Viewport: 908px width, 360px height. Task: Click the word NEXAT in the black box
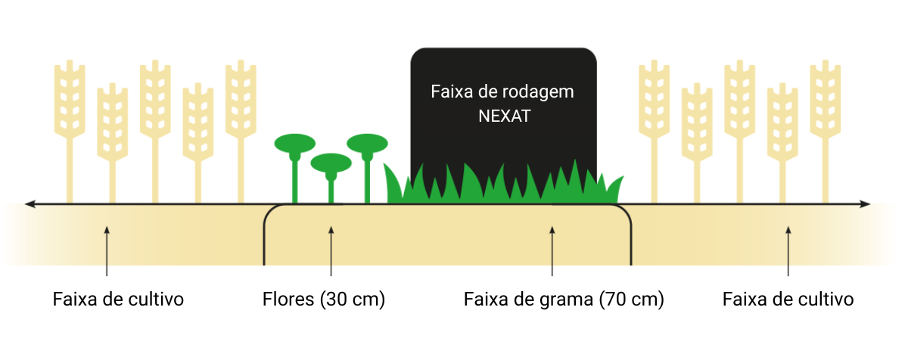coord(504,116)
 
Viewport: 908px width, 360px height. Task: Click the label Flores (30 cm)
coord(324,299)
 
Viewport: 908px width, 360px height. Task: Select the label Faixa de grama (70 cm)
coord(564,299)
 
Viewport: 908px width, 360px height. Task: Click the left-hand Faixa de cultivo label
coord(118,299)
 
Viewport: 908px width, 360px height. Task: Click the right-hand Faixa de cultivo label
coord(788,299)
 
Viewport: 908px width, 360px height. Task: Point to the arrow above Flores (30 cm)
coord(331,251)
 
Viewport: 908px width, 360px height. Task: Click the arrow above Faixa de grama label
coord(552,251)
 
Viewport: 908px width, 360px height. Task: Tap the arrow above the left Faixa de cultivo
coord(107,251)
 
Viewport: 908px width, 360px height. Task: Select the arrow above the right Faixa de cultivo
coord(788,251)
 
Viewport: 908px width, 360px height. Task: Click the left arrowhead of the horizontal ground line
coord(30,204)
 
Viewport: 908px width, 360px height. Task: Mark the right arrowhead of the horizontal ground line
coord(865,204)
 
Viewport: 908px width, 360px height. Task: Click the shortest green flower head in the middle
coord(331,163)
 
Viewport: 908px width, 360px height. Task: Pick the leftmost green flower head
coord(294,144)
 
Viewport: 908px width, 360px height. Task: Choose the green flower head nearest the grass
coord(367,144)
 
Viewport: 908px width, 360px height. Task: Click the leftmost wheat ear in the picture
coord(70,99)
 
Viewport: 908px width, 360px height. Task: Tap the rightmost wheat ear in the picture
coord(826,99)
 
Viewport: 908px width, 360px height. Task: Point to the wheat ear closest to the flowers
coord(241,99)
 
